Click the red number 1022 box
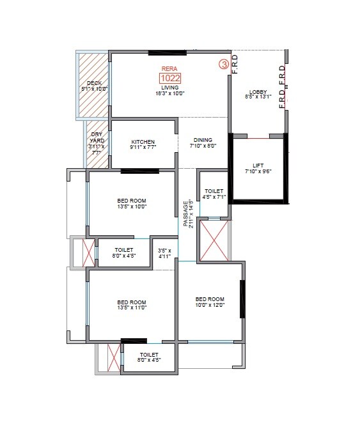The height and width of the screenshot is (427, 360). coord(170,79)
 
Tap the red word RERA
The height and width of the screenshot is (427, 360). coord(169,68)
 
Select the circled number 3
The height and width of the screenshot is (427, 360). coord(224,64)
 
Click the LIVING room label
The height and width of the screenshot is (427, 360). coord(169,88)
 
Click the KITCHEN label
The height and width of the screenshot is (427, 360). coord(143,141)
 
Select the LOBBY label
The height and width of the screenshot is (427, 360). coord(258,91)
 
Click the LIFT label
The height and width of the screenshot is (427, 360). coord(258,165)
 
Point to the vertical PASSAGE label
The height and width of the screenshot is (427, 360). coord(186,214)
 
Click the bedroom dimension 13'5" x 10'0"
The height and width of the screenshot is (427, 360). coord(132,206)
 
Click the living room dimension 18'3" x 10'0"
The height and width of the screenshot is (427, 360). coord(169,93)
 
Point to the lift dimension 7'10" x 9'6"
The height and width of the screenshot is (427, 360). coord(258,171)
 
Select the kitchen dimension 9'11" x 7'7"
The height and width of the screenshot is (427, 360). coord(143,147)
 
